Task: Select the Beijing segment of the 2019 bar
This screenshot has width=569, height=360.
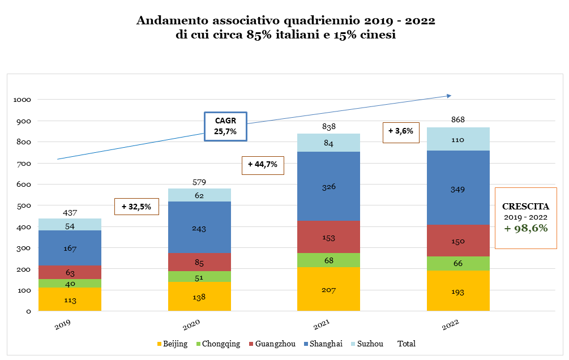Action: (x=70, y=299)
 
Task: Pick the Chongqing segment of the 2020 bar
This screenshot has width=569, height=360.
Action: (x=199, y=277)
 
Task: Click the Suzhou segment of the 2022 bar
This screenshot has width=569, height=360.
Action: (x=457, y=139)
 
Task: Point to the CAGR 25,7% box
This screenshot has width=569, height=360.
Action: (x=225, y=126)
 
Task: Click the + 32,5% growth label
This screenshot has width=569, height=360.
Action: (x=136, y=207)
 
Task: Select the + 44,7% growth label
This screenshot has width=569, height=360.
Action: (x=263, y=165)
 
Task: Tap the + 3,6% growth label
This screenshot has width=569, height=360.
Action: (x=400, y=131)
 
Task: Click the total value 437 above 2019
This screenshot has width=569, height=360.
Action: (x=70, y=213)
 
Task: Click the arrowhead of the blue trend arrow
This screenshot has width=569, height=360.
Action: (x=448, y=95)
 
